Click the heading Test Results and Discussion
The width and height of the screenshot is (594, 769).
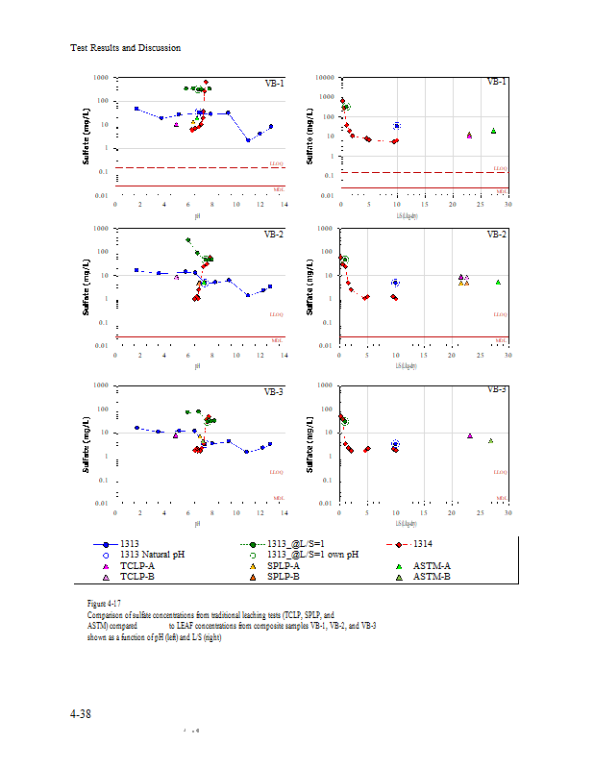click(x=125, y=48)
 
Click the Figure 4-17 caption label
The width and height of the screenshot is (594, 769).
click(x=103, y=603)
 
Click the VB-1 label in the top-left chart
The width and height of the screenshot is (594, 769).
click(x=274, y=84)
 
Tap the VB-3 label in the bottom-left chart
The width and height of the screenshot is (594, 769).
click(x=274, y=392)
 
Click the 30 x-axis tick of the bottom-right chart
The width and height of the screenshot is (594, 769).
click(x=507, y=512)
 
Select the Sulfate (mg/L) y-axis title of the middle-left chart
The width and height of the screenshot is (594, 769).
click(x=88, y=285)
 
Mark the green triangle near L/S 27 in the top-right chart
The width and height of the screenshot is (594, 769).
click(x=493, y=131)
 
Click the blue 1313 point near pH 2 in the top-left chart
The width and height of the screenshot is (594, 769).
click(x=136, y=109)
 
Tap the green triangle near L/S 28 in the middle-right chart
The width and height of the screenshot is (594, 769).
click(x=498, y=282)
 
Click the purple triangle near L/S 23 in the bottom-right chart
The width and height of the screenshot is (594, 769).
click(x=470, y=435)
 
